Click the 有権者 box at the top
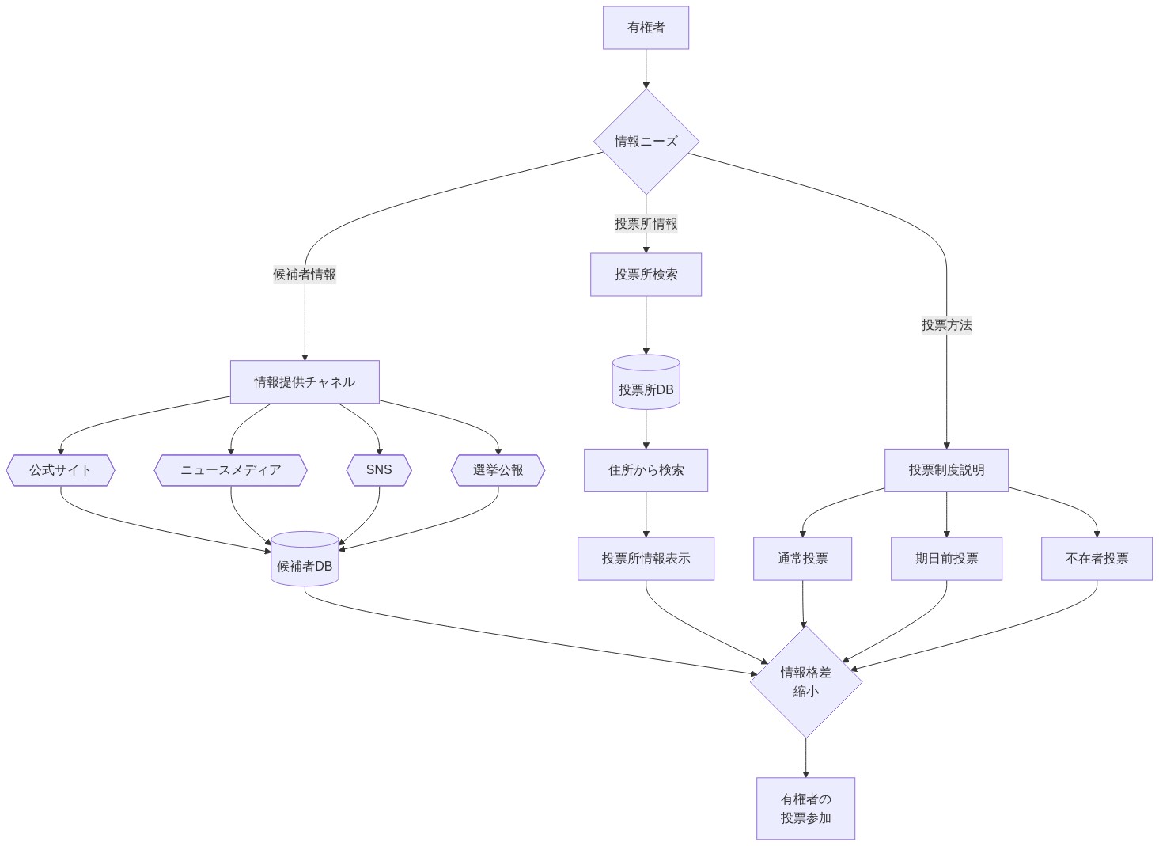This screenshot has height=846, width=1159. [646, 28]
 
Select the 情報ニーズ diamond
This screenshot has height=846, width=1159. [646, 142]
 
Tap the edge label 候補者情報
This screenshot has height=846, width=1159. [305, 275]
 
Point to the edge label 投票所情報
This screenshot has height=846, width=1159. [646, 224]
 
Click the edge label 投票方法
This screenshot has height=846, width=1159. [946, 325]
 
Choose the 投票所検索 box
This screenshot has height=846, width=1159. [646, 275]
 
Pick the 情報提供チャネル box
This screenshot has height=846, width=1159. [305, 382]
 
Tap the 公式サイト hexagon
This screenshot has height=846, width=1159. [60, 470]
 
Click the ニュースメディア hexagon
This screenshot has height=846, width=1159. [230, 470]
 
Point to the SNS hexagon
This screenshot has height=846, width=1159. [379, 470]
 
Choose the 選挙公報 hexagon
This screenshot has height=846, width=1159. [498, 470]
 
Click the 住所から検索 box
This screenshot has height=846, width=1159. [646, 470]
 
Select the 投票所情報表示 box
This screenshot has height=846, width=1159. [646, 559]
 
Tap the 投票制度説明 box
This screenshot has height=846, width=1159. [946, 470]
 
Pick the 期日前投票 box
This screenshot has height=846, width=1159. [946, 559]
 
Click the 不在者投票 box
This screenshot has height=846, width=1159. [1097, 559]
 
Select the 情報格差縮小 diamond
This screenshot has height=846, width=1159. [805, 681]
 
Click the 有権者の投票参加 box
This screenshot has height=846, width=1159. [805, 808]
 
